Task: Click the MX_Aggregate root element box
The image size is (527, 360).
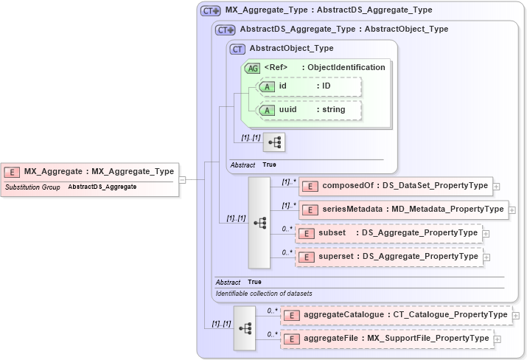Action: coord(90,172)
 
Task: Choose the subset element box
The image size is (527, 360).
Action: coord(388,233)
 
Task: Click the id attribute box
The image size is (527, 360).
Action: coord(310,86)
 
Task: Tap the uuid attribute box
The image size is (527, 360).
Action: coord(310,110)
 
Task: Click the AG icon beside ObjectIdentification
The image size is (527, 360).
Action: coord(252,68)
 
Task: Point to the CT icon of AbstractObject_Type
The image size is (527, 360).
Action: coord(237,49)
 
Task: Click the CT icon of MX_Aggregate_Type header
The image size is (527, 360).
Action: coord(211,11)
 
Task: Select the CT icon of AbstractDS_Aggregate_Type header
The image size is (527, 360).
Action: coord(226,30)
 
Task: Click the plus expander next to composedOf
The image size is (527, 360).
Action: coord(497,186)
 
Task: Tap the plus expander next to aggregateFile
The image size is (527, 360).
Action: coord(498,339)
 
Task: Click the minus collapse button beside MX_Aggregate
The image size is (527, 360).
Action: coord(182,179)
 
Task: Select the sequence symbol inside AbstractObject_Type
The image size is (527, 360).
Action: coord(274,142)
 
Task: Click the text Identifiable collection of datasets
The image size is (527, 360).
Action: coord(263,294)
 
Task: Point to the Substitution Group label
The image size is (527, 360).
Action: coord(32,187)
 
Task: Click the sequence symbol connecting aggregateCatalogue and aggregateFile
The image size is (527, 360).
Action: coord(245,328)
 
